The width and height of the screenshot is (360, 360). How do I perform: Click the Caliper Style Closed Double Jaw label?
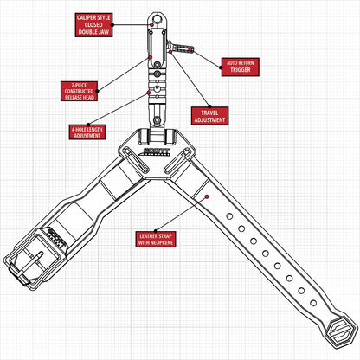(93, 25)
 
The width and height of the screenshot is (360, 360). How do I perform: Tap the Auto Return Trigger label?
(241, 67)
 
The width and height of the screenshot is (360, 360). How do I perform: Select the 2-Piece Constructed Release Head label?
(79, 91)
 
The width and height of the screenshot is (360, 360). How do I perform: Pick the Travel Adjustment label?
(209, 116)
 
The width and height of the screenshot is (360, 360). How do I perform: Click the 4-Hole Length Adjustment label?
(87, 132)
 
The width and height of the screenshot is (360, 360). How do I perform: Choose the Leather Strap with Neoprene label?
(156, 239)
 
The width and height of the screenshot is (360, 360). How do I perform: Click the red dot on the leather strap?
(207, 196)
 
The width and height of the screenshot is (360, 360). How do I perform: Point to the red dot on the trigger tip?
(190, 49)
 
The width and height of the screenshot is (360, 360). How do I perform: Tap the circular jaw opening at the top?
(157, 19)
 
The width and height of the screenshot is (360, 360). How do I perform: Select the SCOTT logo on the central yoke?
(157, 151)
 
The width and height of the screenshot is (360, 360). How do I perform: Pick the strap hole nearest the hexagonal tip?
(313, 303)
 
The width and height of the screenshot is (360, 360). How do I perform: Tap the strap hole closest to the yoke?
(229, 216)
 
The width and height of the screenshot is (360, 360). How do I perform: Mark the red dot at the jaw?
(151, 25)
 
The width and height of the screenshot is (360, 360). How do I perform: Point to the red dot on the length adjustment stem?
(149, 93)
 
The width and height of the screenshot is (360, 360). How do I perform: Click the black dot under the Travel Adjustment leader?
(209, 106)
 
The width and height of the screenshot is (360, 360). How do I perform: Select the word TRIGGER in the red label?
(241, 70)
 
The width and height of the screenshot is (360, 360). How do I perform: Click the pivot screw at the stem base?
(157, 119)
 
